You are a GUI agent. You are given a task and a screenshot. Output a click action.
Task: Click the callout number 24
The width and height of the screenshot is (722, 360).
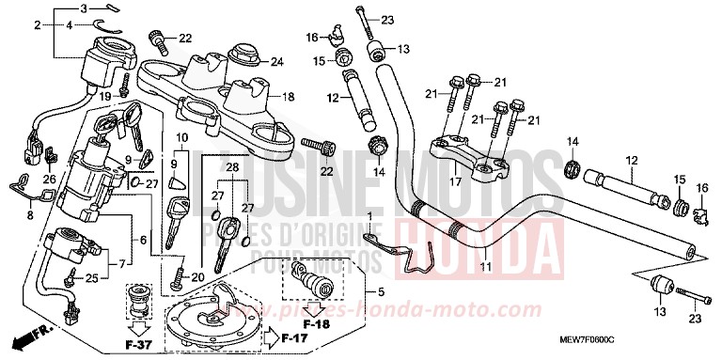pyautogui.click(x=276, y=63)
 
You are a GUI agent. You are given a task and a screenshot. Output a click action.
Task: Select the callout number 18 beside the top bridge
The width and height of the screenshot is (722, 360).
pyautogui.click(x=289, y=96)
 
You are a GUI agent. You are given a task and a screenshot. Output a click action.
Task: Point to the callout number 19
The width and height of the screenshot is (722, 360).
pyautogui.click(x=105, y=97)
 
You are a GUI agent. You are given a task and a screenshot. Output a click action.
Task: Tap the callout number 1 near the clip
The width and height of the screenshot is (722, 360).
pyautogui.click(x=369, y=217)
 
